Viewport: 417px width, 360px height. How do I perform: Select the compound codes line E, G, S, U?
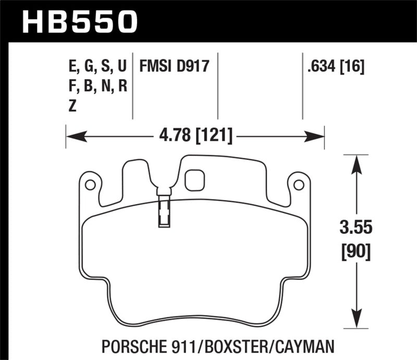pos(97,67)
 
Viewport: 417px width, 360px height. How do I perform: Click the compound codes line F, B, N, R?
pos(97,86)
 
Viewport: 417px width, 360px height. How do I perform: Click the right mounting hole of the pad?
pos(298,184)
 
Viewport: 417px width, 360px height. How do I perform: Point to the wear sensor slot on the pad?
pos(164,211)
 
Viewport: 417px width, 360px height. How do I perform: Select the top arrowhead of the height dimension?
pos(356,163)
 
